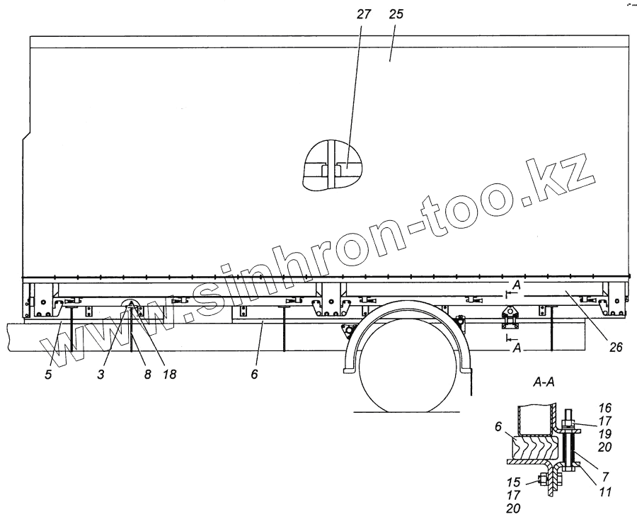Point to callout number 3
(x=101, y=373)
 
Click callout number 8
(x=147, y=373)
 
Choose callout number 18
(x=168, y=373)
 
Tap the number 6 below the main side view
(x=253, y=373)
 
